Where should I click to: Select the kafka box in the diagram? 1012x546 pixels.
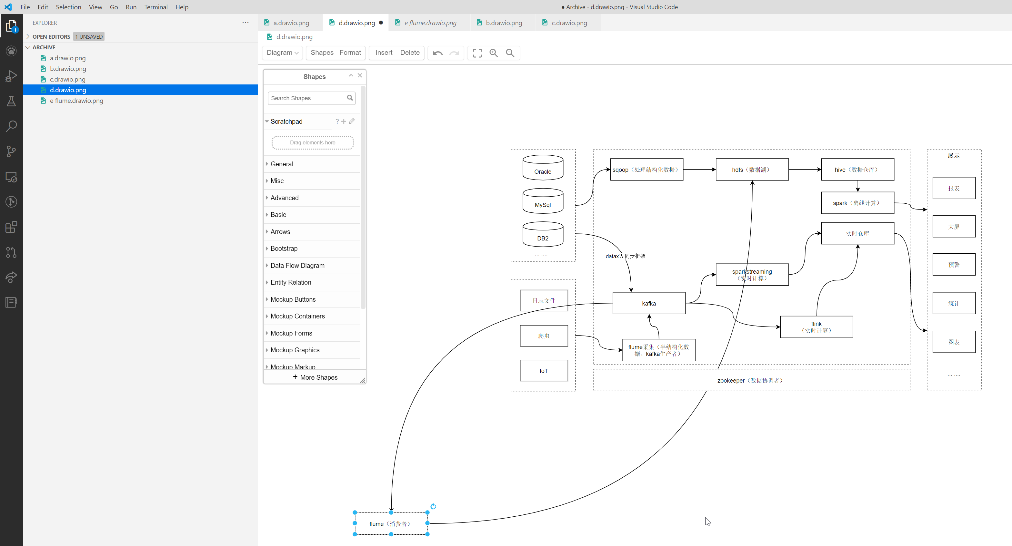tap(649, 303)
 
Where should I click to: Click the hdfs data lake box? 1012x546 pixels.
tap(752, 170)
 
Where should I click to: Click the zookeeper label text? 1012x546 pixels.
tap(750, 380)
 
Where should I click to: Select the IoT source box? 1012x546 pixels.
tap(543, 371)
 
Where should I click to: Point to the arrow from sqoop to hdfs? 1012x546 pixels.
tap(699, 170)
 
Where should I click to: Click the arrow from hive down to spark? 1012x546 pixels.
tap(857, 186)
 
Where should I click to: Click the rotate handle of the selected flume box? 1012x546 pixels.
tap(433, 506)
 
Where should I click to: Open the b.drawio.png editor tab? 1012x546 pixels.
tap(503, 23)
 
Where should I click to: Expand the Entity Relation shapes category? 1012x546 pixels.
tap(290, 282)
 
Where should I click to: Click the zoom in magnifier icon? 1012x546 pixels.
tap(494, 53)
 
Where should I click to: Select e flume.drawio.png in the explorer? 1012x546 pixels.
tap(76, 101)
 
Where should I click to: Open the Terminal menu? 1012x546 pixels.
tap(155, 7)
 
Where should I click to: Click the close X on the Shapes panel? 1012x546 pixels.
tap(359, 75)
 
